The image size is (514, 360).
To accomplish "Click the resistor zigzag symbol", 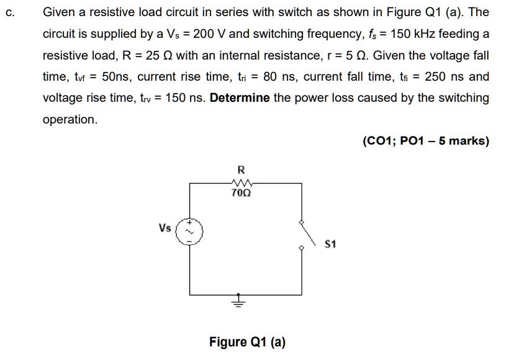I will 241,182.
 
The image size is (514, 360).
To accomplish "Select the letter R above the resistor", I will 241,169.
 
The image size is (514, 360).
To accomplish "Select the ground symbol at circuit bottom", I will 238,302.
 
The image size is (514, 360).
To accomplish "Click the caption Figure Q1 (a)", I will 247,341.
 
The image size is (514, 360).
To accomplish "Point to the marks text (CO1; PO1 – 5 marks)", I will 426,141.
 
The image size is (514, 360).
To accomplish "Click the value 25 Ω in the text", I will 156,56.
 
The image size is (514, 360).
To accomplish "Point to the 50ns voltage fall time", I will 115,77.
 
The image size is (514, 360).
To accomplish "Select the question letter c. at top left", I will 8,13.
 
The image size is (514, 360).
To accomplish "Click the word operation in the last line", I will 70,119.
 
